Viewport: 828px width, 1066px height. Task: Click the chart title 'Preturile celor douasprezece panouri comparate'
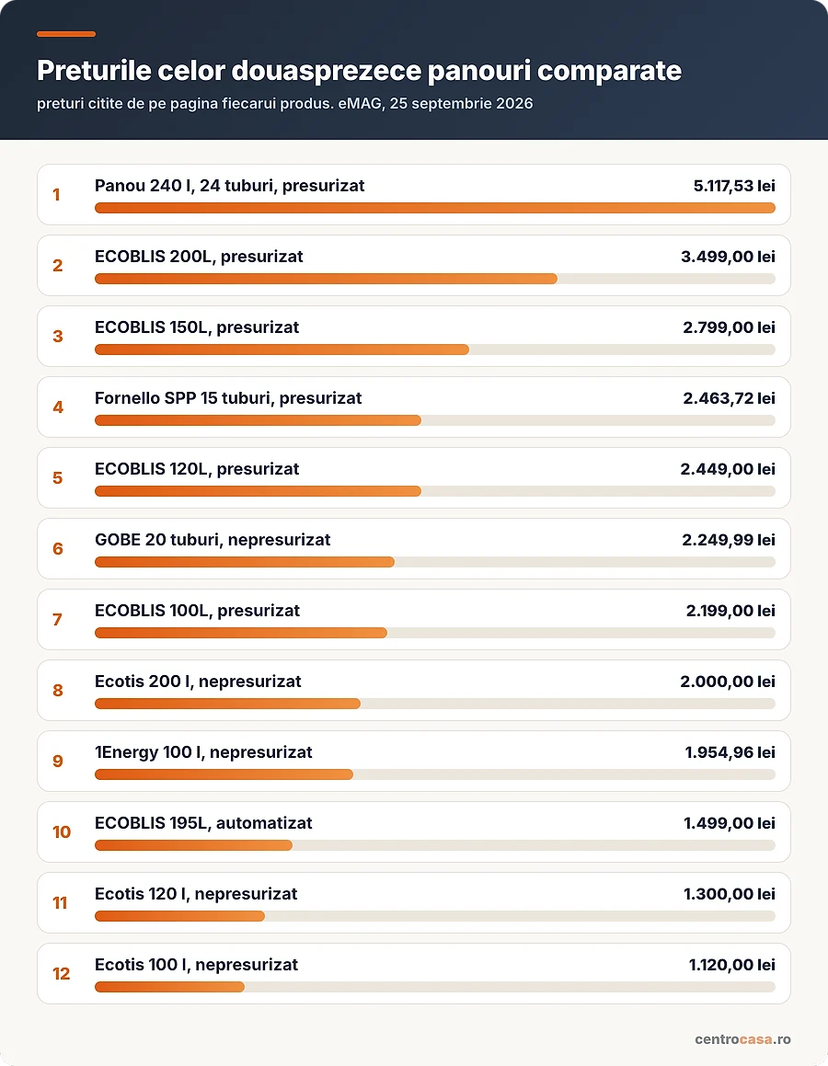pyautogui.click(x=359, y=71)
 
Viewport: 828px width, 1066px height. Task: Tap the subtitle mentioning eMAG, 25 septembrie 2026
pyautogui.click(x=285, y=104)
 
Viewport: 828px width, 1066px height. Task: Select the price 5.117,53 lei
pyautogui.click(x=734, y=186)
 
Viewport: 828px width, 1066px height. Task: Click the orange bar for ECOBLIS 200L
pyautogui.click(x=326, y=279)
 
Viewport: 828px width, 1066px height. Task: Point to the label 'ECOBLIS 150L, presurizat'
pyautogui.click(x=197, y=327)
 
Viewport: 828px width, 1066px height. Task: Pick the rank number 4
pyautogui.click(x=58, y=407)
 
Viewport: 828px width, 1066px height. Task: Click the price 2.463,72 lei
pyautogui.click(x=729, y=397)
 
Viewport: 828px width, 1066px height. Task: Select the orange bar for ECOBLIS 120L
pyautogui.click(x=258, y=491)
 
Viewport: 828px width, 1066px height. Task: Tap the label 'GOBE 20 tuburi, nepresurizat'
pyautogui.click(x=213, y=540)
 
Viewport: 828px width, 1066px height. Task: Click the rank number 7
pyautogui.click(x=57, y=619)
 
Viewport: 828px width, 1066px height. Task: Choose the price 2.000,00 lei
pyautogui.click(x=728, y=682)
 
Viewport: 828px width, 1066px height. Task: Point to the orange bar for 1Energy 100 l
pyautogui.click(x=224, y=774)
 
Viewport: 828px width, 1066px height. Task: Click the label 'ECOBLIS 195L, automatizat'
pyautogui.click(x=203, y=822)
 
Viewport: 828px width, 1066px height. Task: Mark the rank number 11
pyautogui.click(x=60, y=903)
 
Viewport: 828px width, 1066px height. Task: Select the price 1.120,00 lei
pyautogui.click(x=732, y=965)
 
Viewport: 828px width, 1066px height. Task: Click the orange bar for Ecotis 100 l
pyautogui.click(x=169, y=987)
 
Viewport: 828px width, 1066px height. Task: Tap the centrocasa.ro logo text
pyautogui.click(x=742, y=1039)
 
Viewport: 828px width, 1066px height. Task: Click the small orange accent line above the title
pyautogui.click(x=66, y=34)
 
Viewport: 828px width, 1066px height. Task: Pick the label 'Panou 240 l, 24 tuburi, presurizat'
pyautogui.click(x=229, y=186)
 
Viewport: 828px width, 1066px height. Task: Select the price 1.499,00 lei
pyautogui.click(x=730, y=822)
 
